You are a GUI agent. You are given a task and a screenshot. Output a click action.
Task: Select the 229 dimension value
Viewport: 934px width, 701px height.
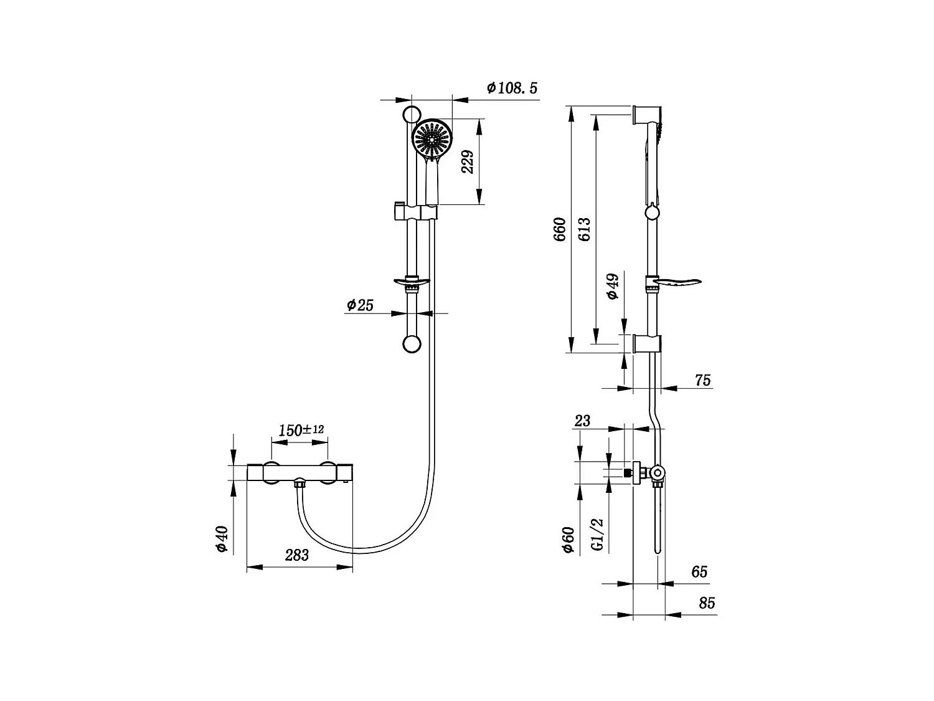coord(468,161)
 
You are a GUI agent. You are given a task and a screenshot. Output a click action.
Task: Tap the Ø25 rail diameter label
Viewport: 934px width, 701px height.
coord(359,305)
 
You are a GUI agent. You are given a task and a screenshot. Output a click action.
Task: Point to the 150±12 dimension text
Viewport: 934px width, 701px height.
coord(301,430)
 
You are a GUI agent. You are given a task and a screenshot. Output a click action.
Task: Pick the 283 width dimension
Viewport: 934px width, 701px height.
coord(296,555)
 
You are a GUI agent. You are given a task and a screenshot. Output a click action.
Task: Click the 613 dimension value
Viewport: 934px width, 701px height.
coord(583,229)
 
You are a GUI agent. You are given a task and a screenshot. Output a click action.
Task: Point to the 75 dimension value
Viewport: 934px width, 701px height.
coord(702,380)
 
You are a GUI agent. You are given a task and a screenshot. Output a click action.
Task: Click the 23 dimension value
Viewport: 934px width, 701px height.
coord(582,421)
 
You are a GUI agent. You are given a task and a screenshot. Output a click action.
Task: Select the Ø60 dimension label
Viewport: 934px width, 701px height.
coord(567,539)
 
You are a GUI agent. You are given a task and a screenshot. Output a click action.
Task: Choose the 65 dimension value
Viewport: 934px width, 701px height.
coord(699,571)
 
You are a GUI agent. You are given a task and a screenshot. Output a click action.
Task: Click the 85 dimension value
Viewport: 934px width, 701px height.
coord(707,603)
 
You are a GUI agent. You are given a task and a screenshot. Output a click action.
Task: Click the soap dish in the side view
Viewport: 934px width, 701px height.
coord(678,284)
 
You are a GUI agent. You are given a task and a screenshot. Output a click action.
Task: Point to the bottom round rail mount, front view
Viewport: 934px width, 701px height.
coord(412,344)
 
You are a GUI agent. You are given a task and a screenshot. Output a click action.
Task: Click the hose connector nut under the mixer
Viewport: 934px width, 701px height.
coord(300,484)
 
